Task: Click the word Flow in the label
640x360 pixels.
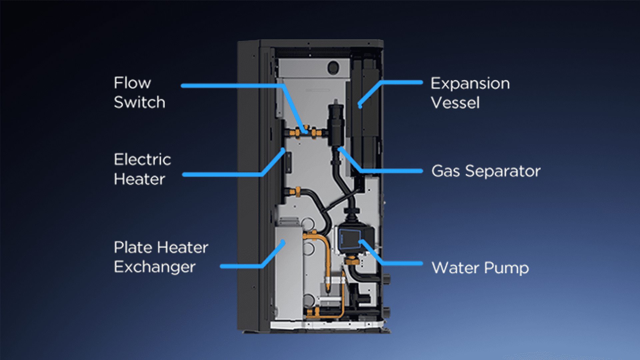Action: tap(132, 83)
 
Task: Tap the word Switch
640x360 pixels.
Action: tap(139, 102)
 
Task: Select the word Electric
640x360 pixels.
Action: tap(142, 159)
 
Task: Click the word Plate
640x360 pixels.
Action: tap(133, 247)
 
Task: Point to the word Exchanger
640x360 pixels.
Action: tap(155, 267)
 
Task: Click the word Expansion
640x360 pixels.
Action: tap(470, 84)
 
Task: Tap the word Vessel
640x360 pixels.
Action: tap(455, 103)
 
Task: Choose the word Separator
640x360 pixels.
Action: tap(503, 171)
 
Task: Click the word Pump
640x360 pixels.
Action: tap(506, 268)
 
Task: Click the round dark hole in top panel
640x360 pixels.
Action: tap(333, 68)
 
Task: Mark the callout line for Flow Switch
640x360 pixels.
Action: tap(233, 86)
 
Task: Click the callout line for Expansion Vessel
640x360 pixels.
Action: tap(400, 82)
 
